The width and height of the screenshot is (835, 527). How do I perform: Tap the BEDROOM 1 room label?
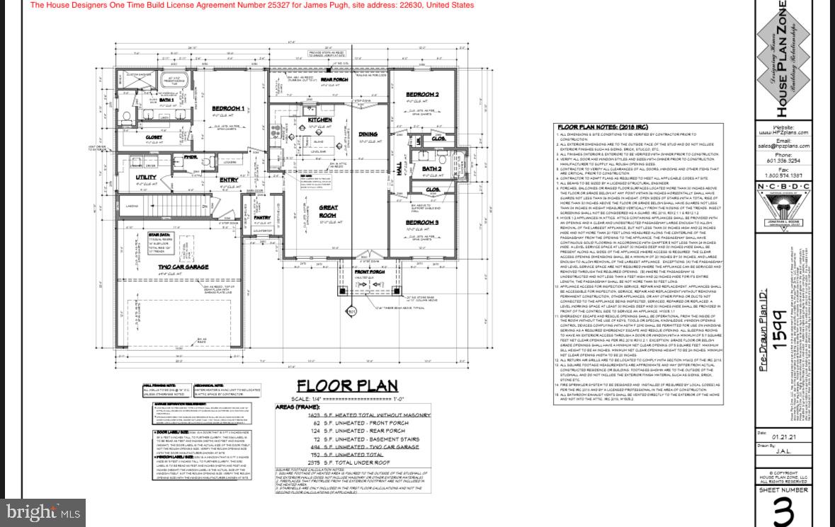coord(228,108)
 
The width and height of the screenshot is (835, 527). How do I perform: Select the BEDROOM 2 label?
coord(422,94)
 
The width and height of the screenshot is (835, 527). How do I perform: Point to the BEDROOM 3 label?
coord(422,223)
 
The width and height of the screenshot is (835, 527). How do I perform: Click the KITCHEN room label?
coord(319,120)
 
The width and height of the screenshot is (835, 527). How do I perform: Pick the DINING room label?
coord(368,134)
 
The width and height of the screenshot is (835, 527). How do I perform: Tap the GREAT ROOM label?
coord(328,211)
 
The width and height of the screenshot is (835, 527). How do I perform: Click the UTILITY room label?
coord(146,178)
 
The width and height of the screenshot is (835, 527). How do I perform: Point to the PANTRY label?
coord(262,218)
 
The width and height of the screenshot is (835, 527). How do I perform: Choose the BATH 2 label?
coord(431,169)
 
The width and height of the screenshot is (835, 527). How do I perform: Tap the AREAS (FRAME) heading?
coord(307,407)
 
